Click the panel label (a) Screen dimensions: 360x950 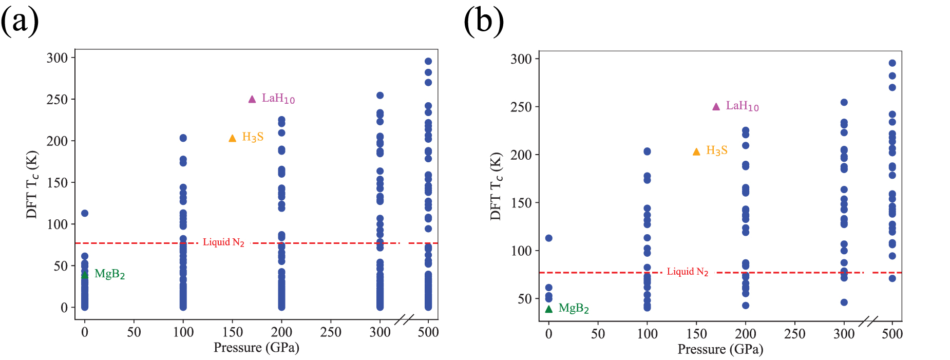coord(20,22)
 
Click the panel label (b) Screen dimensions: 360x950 coord(483,22)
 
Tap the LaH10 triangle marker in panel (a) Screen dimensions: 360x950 coord(252,99)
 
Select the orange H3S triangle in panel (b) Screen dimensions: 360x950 coord(696,151)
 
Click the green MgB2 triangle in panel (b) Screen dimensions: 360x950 coord(549,309)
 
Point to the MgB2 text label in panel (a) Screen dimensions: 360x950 coord(110,274)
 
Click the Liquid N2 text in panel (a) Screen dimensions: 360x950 coord(223,242)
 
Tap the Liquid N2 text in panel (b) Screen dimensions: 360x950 coord(688,272)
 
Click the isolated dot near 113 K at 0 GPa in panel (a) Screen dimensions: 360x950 coord(85,213)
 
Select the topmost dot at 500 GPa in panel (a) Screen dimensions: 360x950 coord(428,61)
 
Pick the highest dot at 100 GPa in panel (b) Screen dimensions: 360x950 coord(647,151)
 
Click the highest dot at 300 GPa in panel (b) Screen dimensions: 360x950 coord(844,102)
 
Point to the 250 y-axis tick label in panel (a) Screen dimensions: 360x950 coord(57,100)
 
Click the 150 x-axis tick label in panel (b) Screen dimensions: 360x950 coord(696,334)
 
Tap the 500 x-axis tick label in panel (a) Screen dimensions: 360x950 coord(428,332)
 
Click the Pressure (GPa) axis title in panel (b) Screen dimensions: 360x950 coord(720,350)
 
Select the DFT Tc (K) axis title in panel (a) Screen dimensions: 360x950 coord(32,184)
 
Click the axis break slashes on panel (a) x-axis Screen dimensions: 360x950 coord(405,319)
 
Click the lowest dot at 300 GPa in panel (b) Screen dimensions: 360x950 coord(844,302)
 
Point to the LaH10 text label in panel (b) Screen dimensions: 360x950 coord(742,106)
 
